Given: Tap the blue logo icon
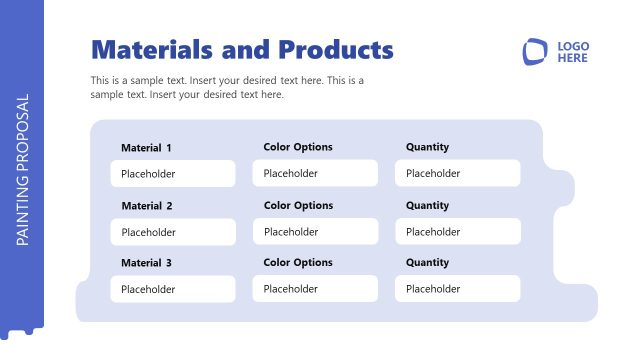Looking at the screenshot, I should pyautogui.click(x=535, y=52).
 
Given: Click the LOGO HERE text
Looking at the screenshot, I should pyautogui.click(x=573, y=52).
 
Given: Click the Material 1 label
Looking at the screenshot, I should pyautogui.click(x=146, y=148).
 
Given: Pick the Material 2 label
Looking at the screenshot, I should pyautogui.click(x=146, y=206).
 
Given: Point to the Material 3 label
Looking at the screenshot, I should pyautogui.click(x=146, y=263).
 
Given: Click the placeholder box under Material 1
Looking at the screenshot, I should pyautogui.click(x=173, y=174).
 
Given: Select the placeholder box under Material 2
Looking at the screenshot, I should pyautogui.click(x=173, y=232).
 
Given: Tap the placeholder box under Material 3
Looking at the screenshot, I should pyautogui.click(x=173, y=289).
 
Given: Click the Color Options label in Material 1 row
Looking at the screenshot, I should pyautogui.click(x=298, y=147).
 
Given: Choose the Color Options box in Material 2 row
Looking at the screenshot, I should pyautogui.click(x=315, y=232).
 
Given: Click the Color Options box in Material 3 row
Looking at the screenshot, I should pyautogui.click(x=315, y=289).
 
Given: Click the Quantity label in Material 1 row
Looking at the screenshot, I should pyautogui.click(x=427, y=147).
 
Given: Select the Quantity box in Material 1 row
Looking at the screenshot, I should pyautogui.click(x=458, y=174).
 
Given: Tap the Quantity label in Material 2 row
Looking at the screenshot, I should pyautogui.click(x=427, y=205).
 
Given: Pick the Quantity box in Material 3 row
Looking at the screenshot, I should pyautogui.click(x=458, y=289).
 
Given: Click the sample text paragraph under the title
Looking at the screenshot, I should pyautogui.click(x=227, y=87).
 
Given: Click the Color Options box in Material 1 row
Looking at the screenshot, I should pyautogui.click(x=315, y=174).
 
